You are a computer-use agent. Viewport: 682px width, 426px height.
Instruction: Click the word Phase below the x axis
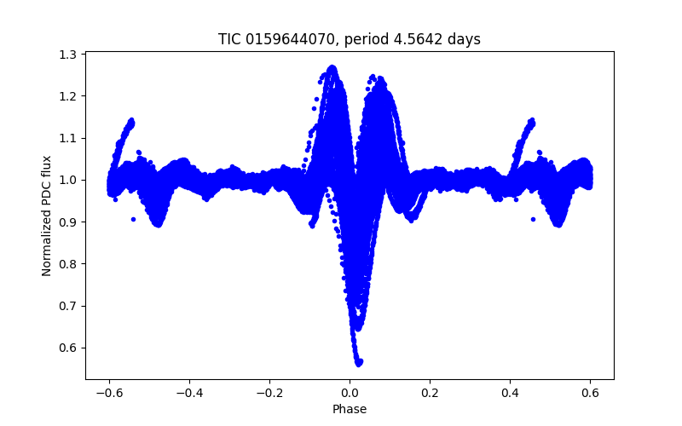350,409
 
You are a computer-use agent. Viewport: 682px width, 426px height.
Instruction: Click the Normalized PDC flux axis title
47,216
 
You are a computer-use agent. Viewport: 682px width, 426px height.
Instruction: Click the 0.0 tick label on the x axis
350,393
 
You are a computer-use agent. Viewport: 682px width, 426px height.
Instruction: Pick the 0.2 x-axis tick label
430,393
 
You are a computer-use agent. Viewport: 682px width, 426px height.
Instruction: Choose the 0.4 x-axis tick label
510,393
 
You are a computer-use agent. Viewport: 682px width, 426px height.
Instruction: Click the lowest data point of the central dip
359,363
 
